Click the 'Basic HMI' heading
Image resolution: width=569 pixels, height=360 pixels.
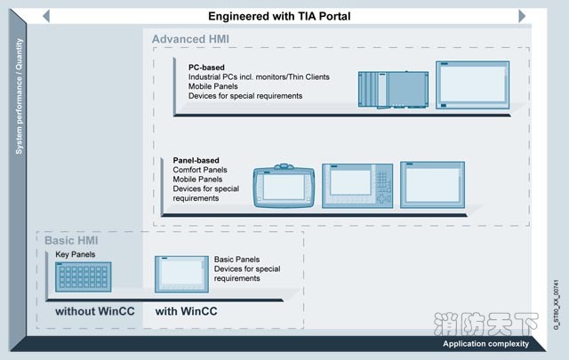[x=71, y=241]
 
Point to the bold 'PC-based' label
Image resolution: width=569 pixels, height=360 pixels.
[x=205, y=67]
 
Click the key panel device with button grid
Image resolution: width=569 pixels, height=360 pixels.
[x=82, y=276]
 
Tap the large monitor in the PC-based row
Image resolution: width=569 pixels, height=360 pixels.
[x=471, y=84]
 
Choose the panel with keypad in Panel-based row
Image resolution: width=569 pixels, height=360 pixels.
[x=356, y=183]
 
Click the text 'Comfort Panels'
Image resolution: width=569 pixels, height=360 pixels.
[x=200, y=170]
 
